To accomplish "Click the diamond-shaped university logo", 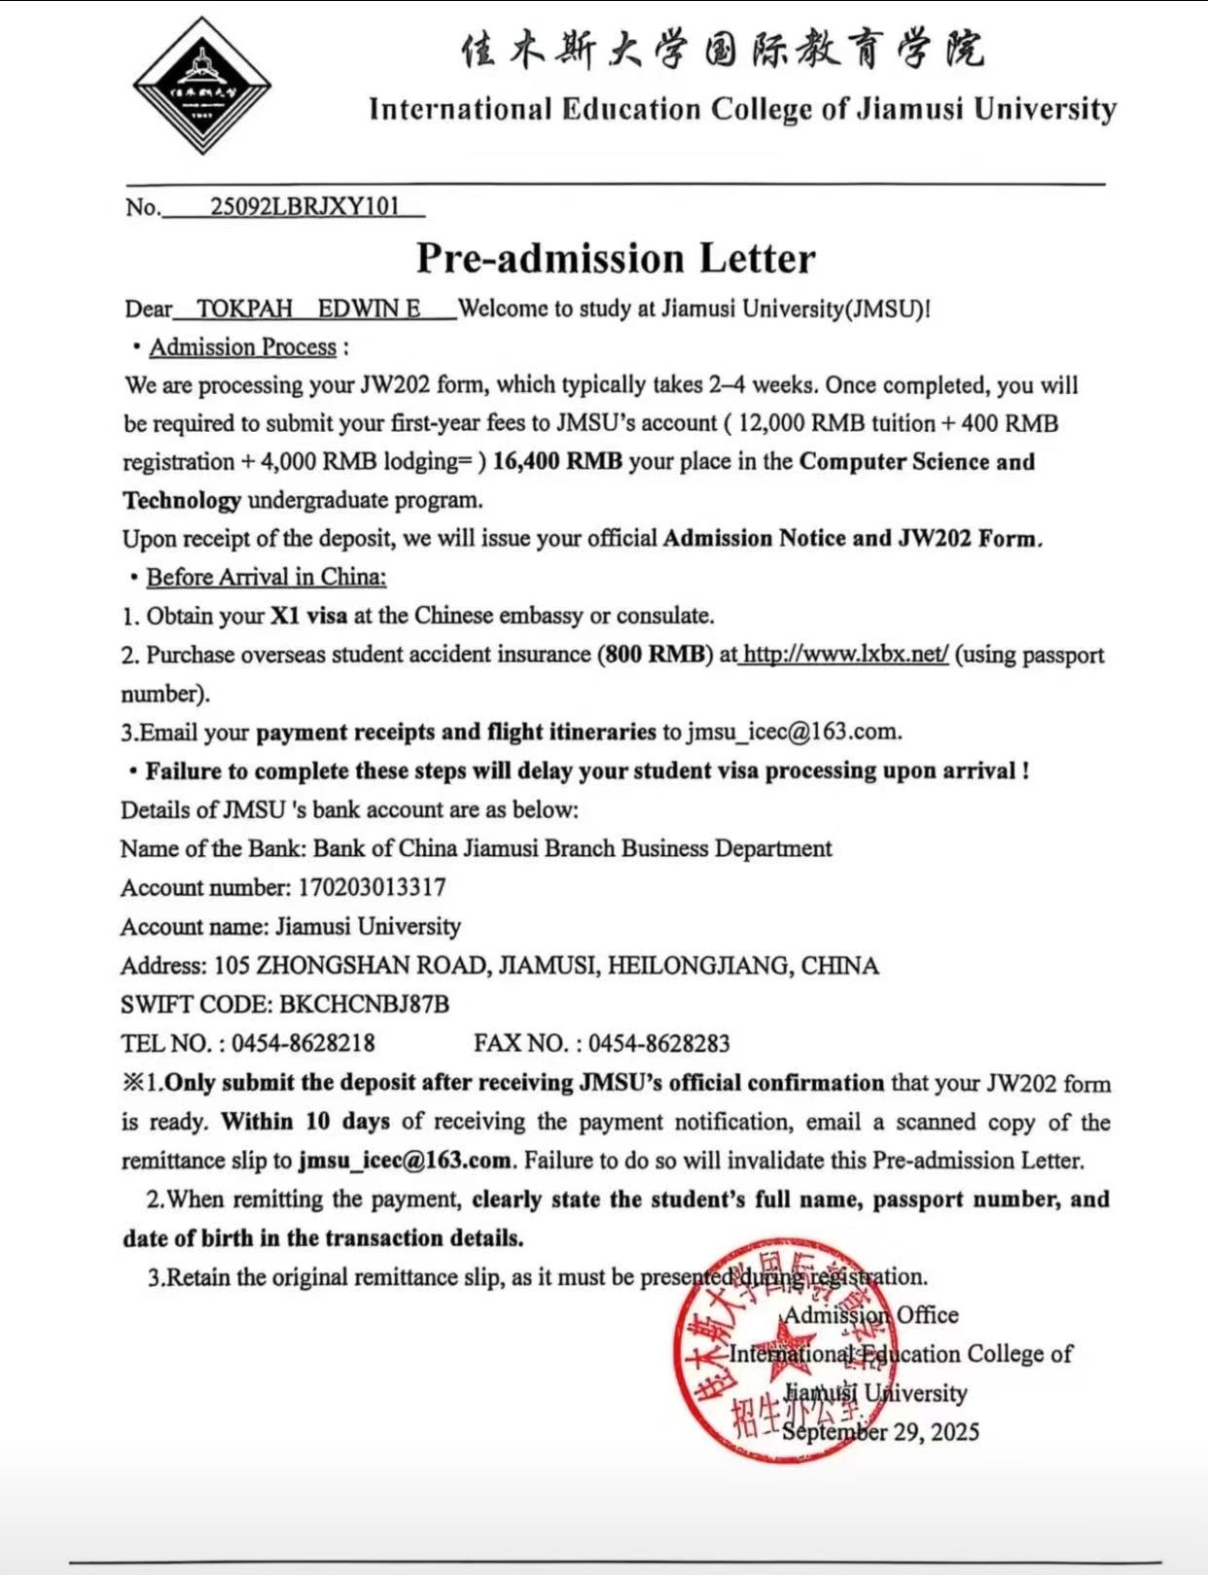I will [x=201, y=86].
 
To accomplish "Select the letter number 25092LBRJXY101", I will [x=304, y=206].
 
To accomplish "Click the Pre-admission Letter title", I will [x=616, y=259].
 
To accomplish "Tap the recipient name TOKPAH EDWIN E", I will [x=308, y=308].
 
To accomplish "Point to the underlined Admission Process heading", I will [x=242, y=347].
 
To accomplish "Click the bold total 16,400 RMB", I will [x=557, y=461].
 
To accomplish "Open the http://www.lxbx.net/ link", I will [x=844, y=654].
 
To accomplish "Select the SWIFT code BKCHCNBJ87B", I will [x=364, y=1004].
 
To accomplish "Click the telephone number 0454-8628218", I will [x=302, y=1043].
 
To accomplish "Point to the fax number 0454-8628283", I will [x=658, y=1043].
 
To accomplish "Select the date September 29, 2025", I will [x=880, y=1432].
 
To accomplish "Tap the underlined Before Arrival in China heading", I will [x=266, y=577].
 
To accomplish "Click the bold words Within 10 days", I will [x=305, y=1122].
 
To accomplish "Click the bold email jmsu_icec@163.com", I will [x=405, y=1161].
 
